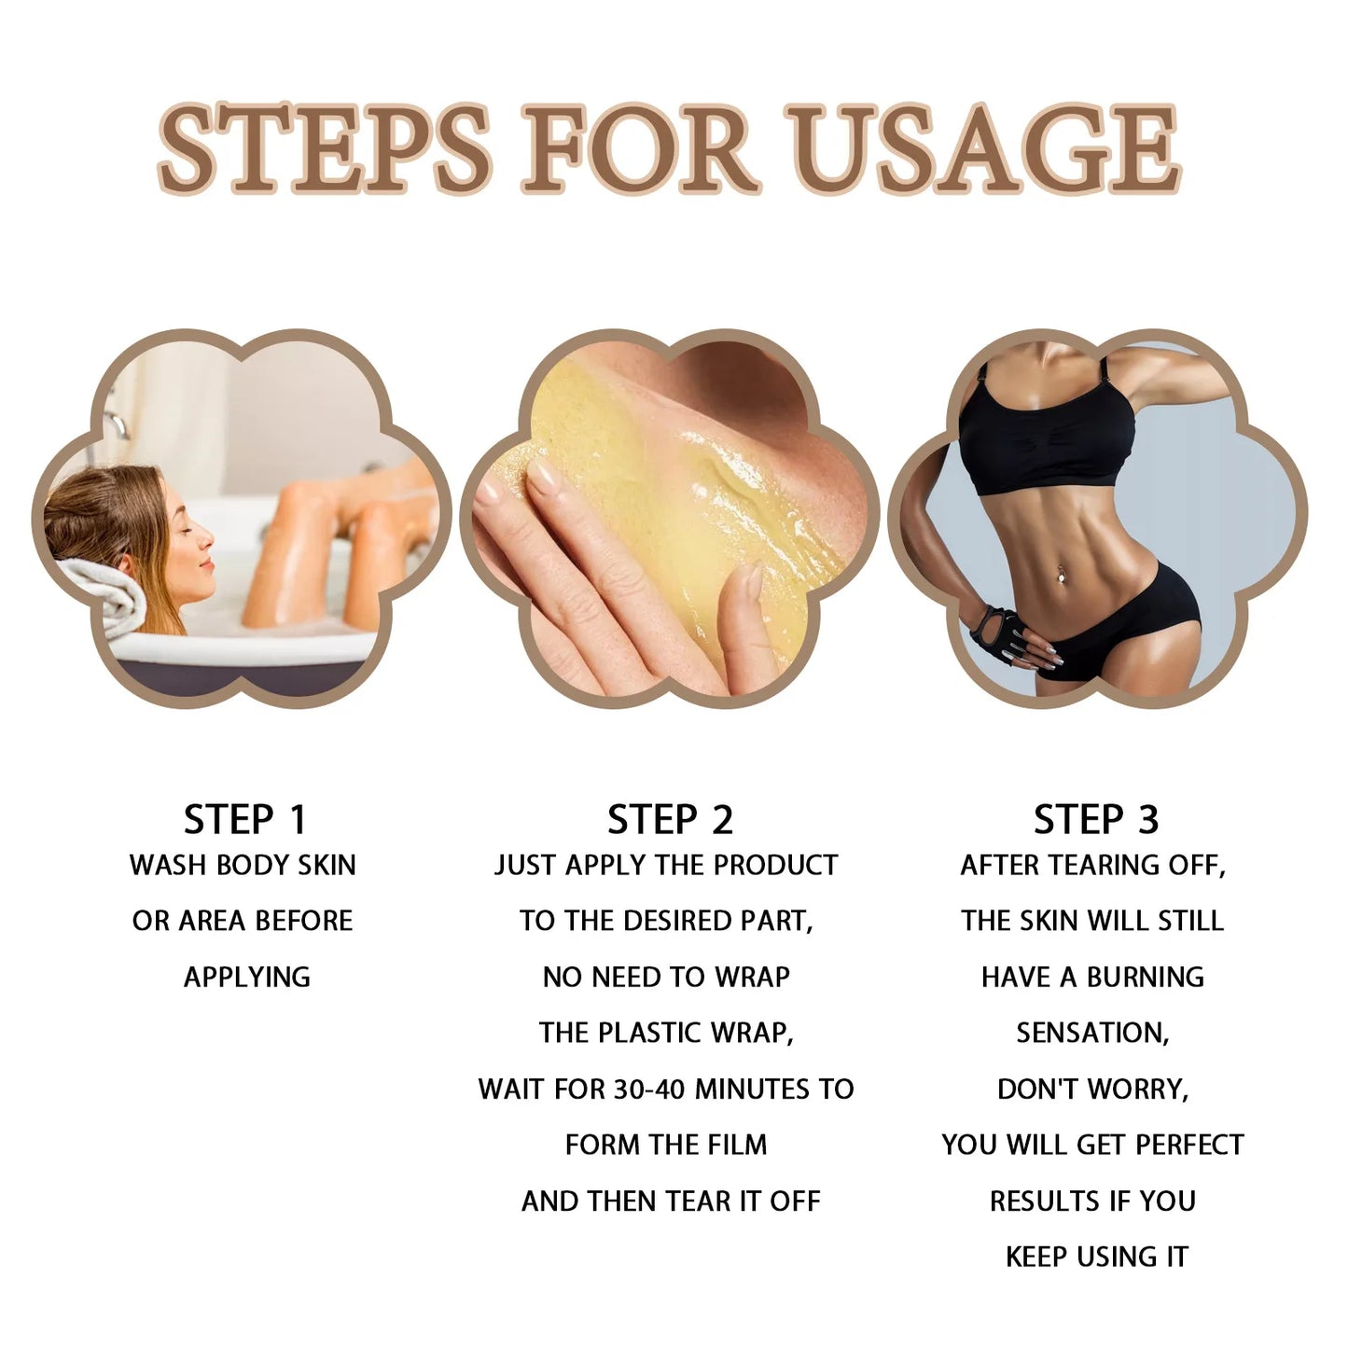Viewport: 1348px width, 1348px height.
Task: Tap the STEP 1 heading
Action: click(x=244, y=820)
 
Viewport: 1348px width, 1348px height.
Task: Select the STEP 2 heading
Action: click(x=670, y=820)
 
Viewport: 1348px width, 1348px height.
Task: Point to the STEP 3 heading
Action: click(x=1095, y=820)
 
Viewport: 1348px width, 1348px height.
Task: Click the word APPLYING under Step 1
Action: click(x=246, y=977)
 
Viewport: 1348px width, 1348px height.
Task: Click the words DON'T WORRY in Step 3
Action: click(x=1092, y=1089)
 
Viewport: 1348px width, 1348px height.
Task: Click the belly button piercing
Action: click(x=1060, y=579)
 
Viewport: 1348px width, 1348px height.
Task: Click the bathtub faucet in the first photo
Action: click(x=114, y=424)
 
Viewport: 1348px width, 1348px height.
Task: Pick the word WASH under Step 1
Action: click(x=168, y=865)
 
